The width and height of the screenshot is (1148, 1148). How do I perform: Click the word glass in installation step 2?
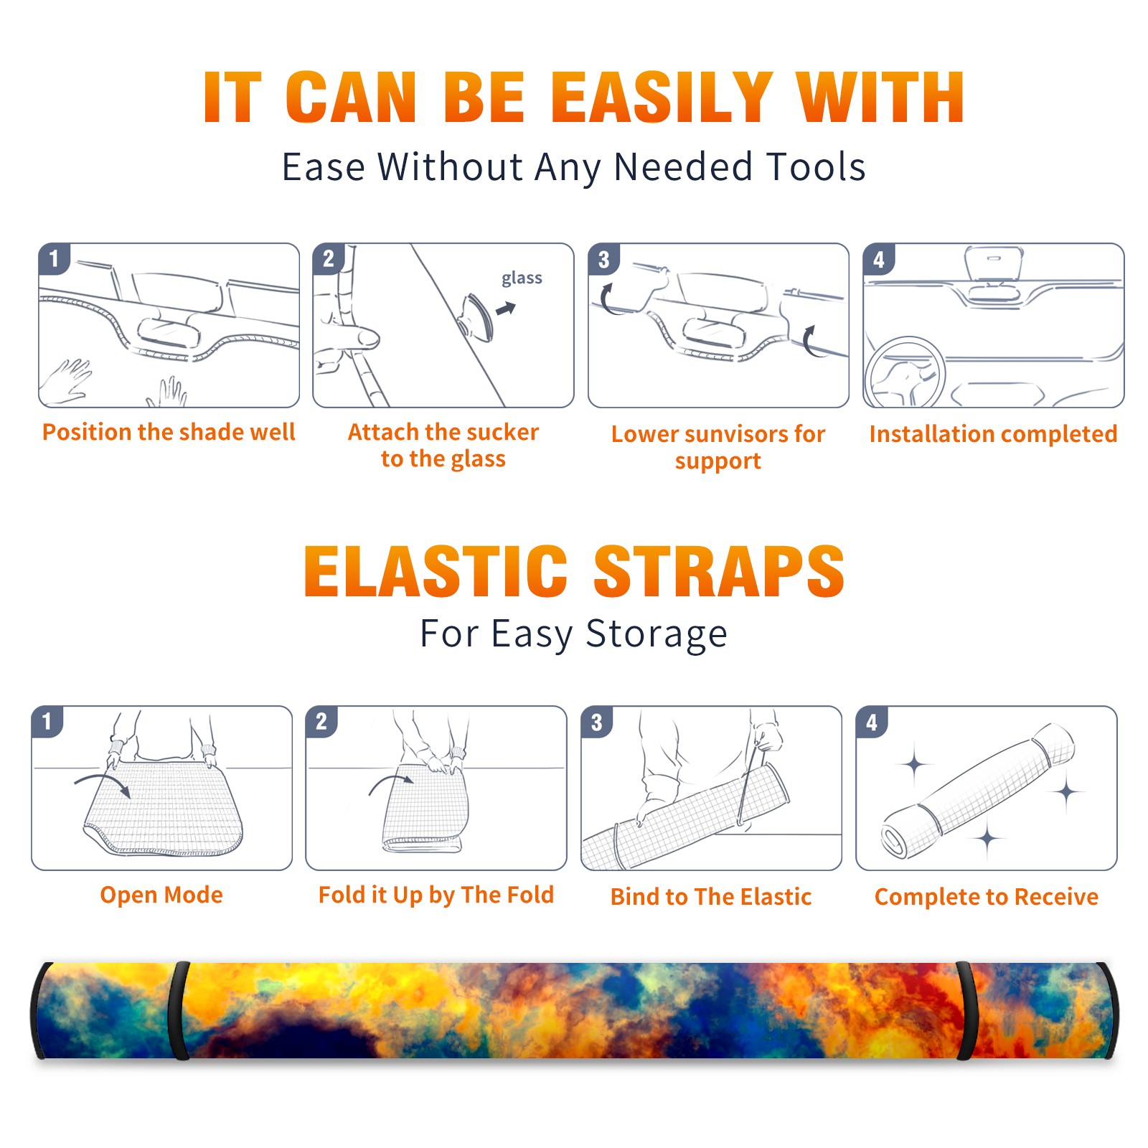522,278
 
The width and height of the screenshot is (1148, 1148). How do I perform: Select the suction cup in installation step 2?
476,317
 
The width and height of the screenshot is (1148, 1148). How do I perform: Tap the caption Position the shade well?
169,432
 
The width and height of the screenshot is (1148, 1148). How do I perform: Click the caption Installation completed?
993,434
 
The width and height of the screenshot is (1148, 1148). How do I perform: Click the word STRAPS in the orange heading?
719,571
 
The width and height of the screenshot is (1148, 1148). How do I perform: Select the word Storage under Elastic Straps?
657,634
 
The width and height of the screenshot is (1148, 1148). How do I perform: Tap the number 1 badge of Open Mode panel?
47,721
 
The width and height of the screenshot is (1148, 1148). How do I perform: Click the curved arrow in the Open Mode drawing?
103,784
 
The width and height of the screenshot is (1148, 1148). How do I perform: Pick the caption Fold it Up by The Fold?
436,895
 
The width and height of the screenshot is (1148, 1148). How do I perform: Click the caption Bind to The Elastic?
711,897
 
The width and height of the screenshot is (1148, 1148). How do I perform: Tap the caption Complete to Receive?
987,897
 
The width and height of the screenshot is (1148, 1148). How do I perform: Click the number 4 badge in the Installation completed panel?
879,259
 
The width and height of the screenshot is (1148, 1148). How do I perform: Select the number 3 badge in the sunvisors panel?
604,259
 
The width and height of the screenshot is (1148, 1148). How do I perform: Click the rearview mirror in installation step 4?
994,263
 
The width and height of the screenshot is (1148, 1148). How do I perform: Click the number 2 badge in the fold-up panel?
321,721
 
